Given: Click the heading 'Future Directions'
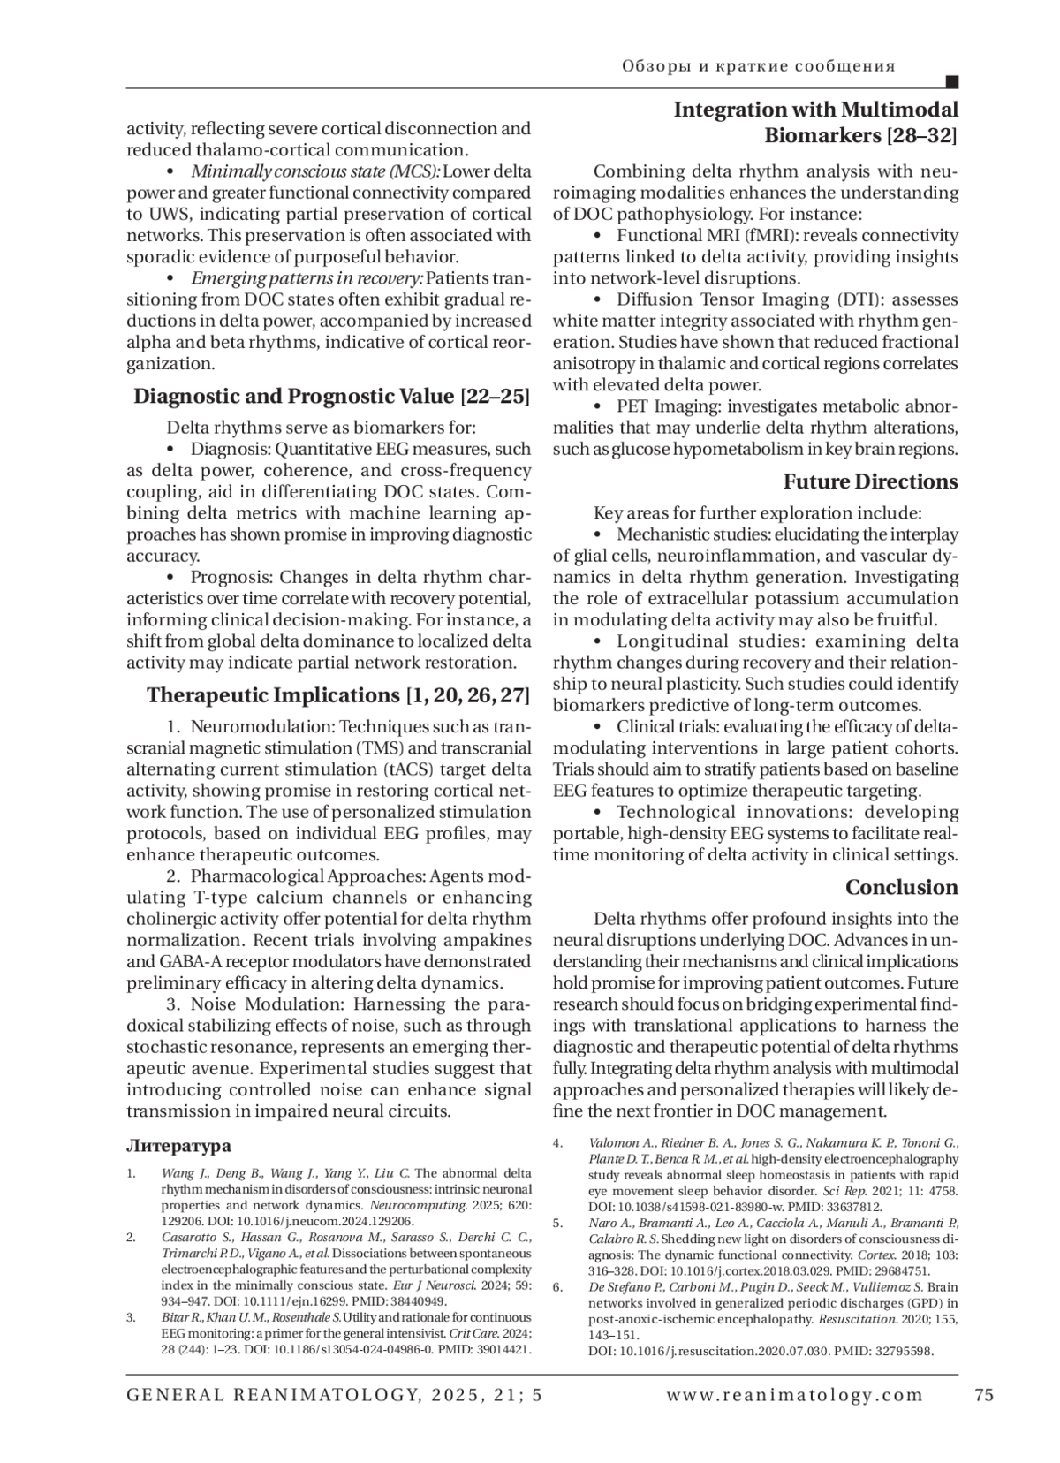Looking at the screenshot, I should click(870, 482).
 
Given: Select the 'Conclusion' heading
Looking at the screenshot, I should click(901, 887).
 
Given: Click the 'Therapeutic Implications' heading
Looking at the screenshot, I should click(274, 695).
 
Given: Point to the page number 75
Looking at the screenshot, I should click(984, 1396).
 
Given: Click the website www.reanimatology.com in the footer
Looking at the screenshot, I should click(795, 1396).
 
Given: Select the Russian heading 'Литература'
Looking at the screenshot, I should click(178, 1146).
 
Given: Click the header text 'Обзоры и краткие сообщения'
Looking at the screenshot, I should click(758, 66).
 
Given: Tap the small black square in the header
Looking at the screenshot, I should click(952, 83).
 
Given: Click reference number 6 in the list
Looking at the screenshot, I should click(557, 1287).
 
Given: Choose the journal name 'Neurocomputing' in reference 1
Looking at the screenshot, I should click(408, 1205).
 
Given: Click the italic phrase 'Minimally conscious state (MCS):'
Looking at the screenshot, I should click(315, 171).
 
